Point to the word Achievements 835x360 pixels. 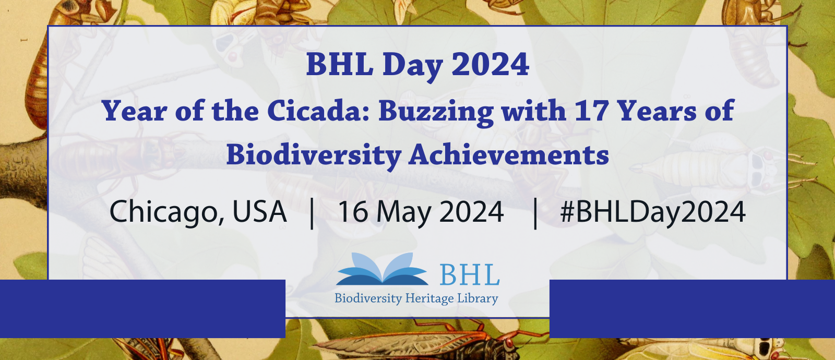tap(509, 155)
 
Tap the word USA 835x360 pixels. tap(259, 212)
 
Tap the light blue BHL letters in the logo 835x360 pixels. tap(469, 274)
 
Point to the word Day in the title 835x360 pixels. tap(412, 65)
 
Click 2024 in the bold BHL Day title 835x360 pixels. tap(490, 64)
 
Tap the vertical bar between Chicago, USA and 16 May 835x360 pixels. tap(312, 212)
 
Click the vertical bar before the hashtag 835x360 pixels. tap(535, 212)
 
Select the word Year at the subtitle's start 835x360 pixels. tap(135, 111)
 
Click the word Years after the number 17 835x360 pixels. tap(657, 111)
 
